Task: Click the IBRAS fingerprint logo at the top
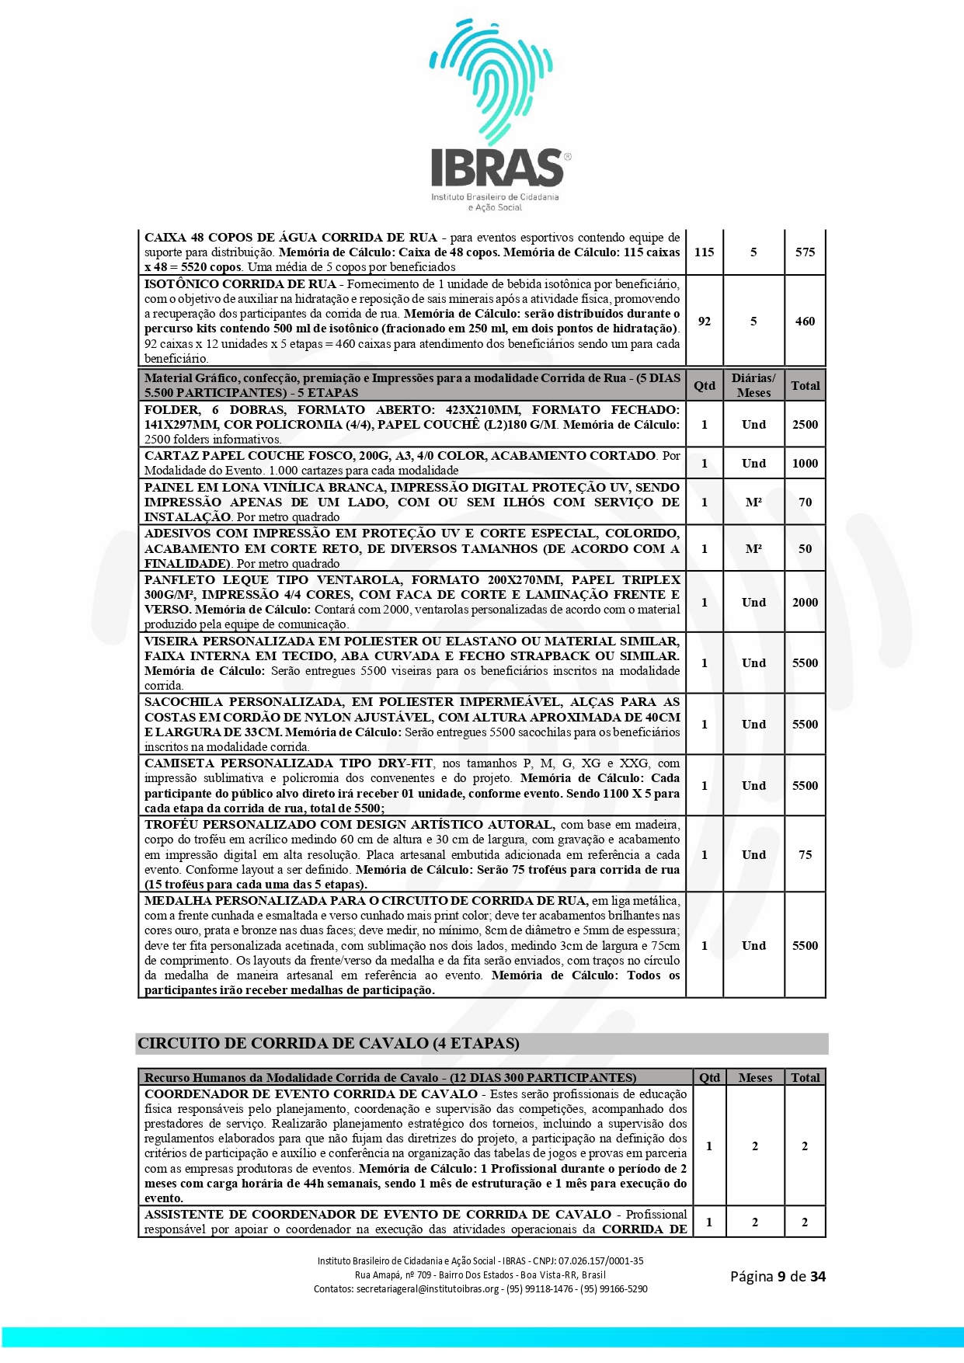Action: click(497, 116)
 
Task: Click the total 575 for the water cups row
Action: click(805, 252)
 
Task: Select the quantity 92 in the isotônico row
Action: click(704, 322)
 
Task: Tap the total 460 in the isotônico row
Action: click(805, 322)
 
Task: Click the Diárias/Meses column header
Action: click(753, 385)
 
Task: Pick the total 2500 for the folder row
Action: click(805, 425)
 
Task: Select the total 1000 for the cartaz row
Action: click(805, 464)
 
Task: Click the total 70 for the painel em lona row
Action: click(805, 502)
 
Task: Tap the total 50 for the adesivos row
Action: click(805, 549)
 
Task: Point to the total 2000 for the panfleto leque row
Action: click(805, 603)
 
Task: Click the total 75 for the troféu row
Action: click(805, 855)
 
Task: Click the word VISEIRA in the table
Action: click(170, 642)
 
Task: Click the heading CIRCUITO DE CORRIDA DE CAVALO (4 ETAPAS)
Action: click(329, 1044)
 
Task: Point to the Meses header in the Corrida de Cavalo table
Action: click(754, 1078)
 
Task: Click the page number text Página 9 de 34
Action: click(777, 1277)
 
